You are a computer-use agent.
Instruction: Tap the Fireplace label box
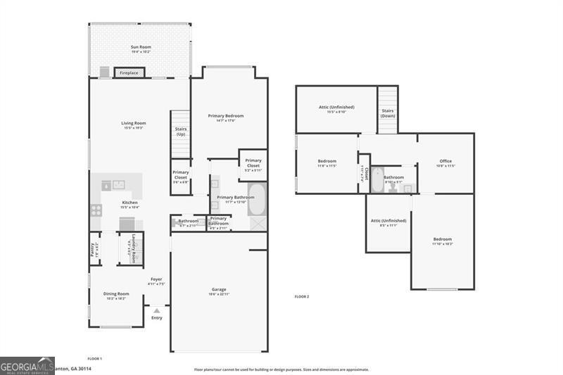click(129, 73)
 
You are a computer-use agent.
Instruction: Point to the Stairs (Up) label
click(181, 131)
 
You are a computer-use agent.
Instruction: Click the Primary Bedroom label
click(226, 117)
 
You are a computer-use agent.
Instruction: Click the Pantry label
click(93, 249)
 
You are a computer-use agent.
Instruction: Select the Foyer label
click(156, 281)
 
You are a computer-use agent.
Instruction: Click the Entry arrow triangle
click(156, 310)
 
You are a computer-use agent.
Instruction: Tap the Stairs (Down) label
click(388, 113)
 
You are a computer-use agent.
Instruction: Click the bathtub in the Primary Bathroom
click(257, 200)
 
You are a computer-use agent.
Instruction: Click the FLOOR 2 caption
click(301, 297)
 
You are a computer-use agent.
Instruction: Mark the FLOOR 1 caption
click(94, 359)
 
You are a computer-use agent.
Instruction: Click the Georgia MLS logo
click(27, 365)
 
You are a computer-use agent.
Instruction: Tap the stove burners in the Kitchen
click(96, 209)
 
